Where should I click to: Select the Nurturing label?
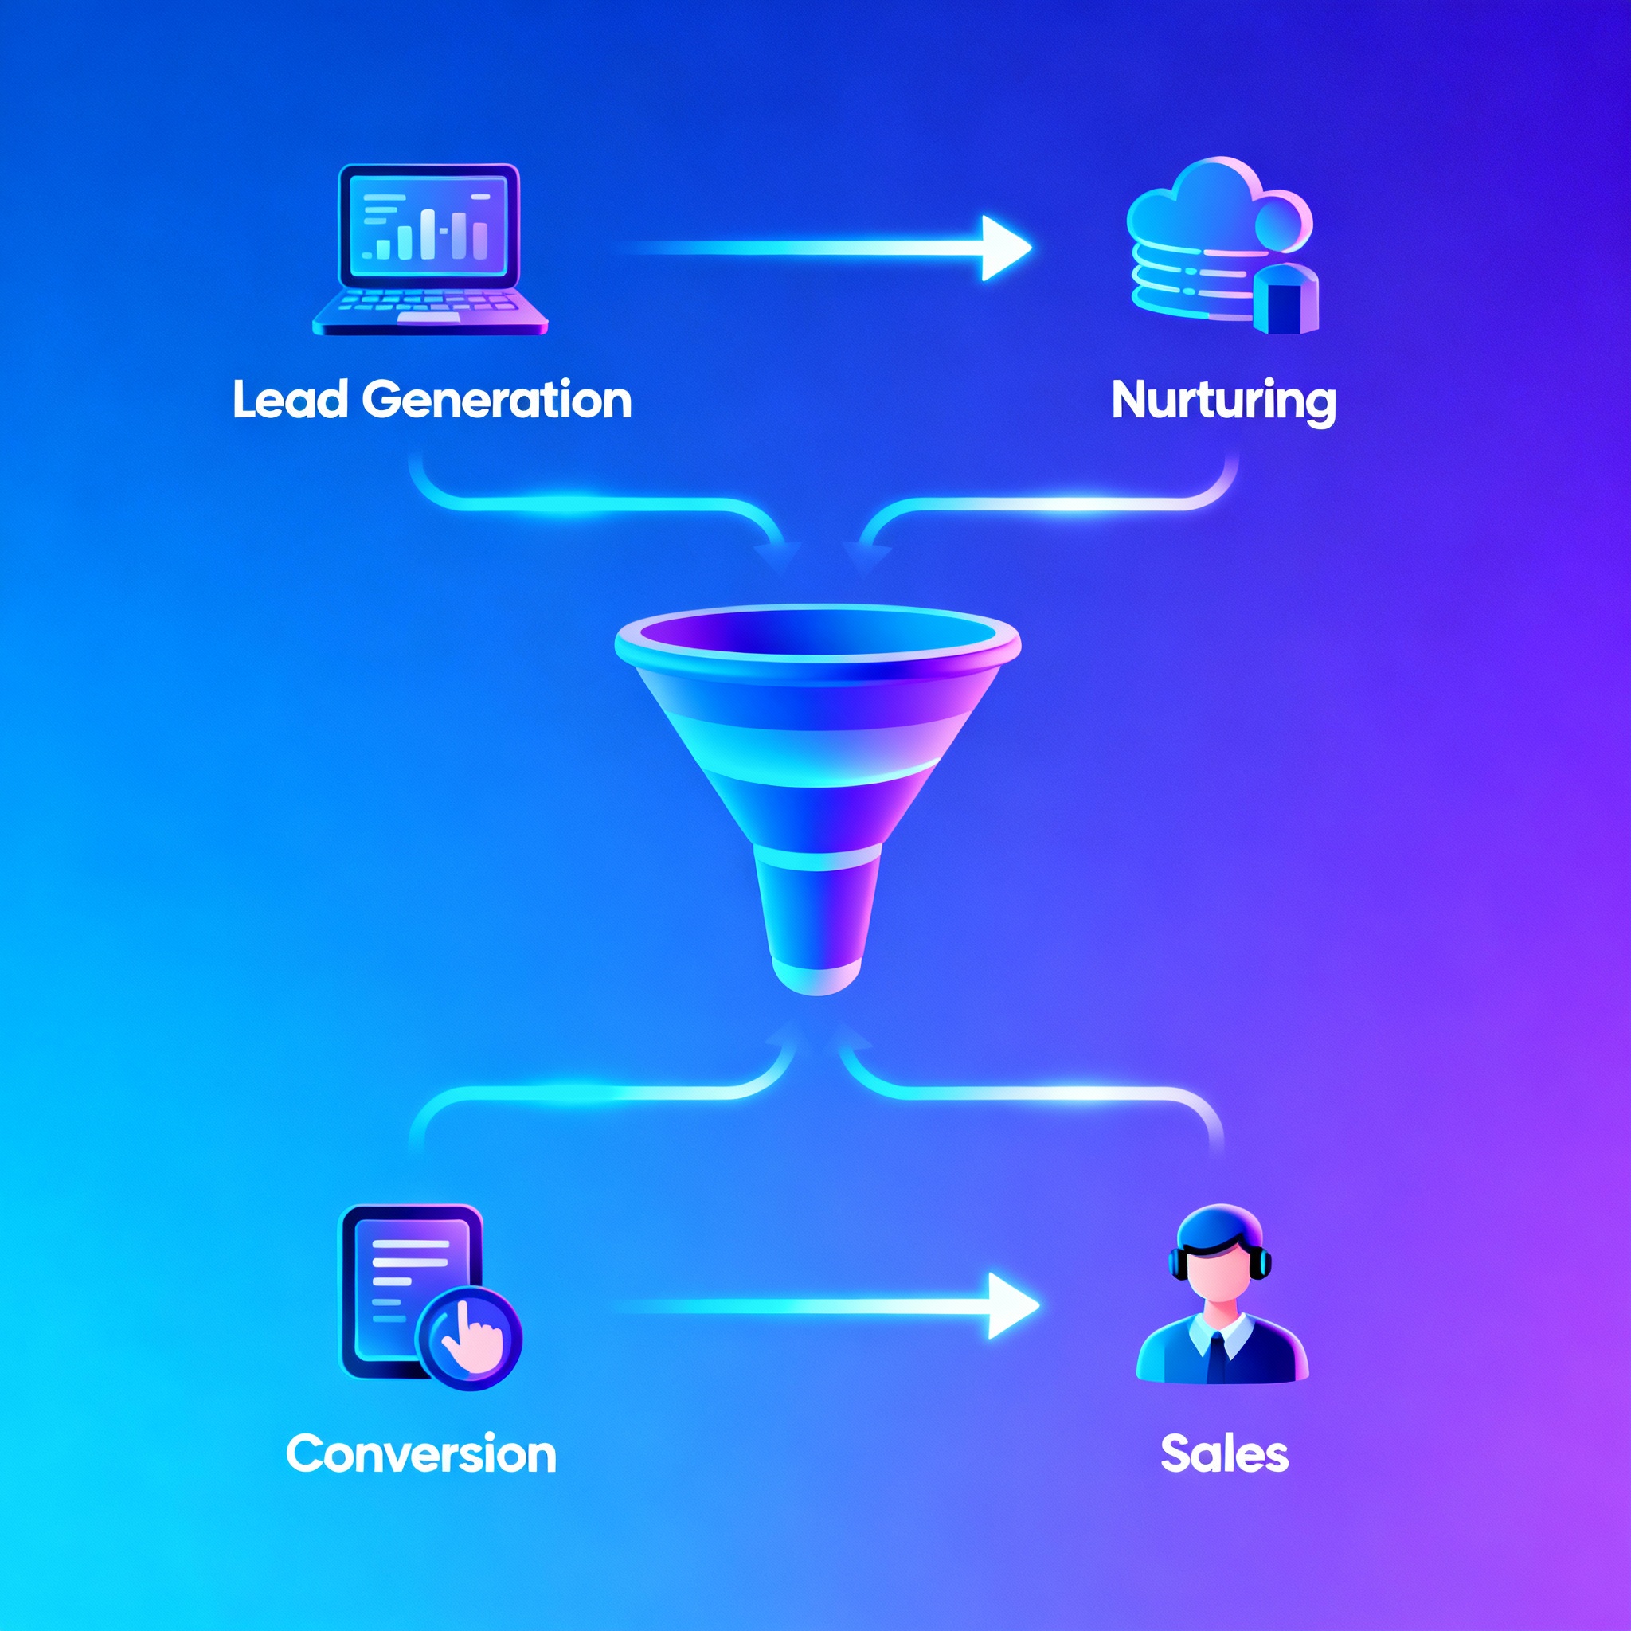1223,401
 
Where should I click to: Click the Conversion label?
420,1453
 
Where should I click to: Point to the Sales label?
1224,1453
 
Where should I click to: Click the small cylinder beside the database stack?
1285,299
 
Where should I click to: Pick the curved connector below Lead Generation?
591,505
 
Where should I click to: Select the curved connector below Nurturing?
1055,505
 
